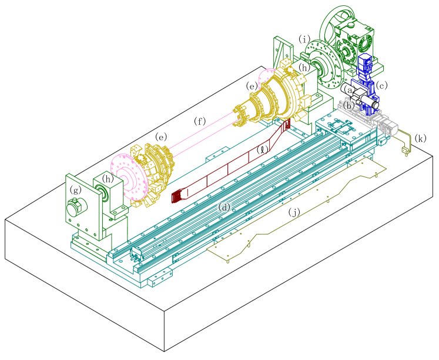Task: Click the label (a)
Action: point(349,90)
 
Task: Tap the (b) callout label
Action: point(349,106)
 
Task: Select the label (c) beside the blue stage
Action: point(382,85)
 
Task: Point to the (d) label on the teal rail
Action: point(224,208)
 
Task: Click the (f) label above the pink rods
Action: point(200,121)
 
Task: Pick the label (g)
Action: point(76,190)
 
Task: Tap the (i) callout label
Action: point(304,39)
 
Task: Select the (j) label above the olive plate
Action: point(294,212)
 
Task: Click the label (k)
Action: point(421,138)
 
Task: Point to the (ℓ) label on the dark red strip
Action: point(262,150)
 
